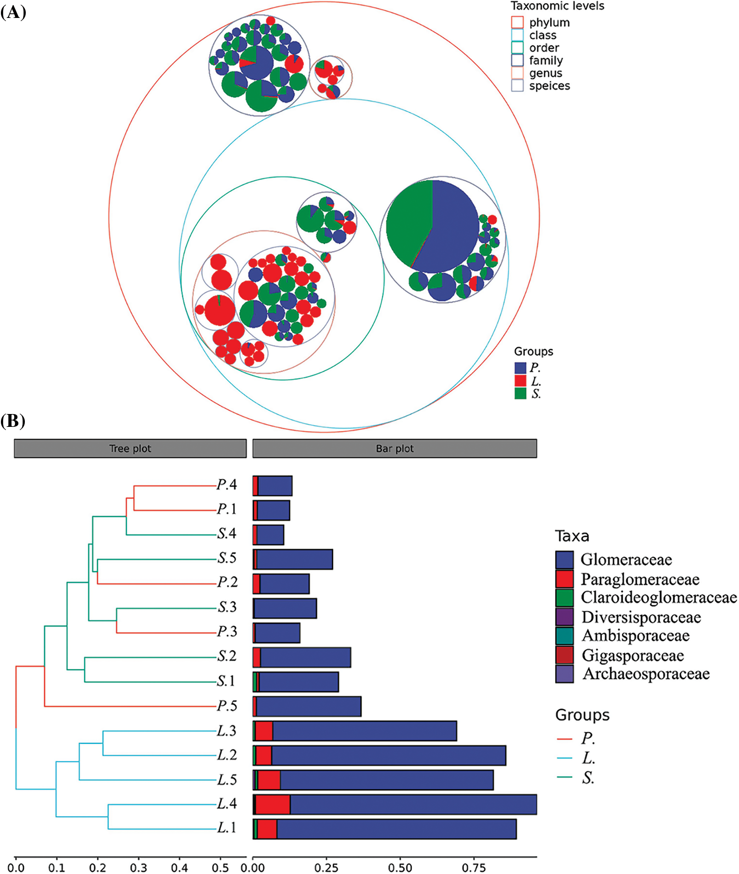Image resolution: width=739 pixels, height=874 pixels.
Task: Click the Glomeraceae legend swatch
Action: pos(564,560)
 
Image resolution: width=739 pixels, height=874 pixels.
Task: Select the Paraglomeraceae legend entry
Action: pos(640,579)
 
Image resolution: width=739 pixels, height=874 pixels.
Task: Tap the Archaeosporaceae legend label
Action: pos(646,674)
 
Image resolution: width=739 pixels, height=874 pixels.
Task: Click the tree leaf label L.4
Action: pos(227,804)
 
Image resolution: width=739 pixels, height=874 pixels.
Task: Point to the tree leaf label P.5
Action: pos(227,706)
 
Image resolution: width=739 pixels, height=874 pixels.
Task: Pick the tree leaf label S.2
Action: pos(227,656)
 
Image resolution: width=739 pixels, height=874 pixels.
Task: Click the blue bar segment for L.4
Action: pos(413,805)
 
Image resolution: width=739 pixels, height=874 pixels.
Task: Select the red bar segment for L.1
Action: pos(267,829)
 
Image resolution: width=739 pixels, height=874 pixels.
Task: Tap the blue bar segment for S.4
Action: pos(270,535)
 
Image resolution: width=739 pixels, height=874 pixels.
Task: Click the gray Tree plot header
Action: pos(130,448)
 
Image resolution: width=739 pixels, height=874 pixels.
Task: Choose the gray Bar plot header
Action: pos(395,448)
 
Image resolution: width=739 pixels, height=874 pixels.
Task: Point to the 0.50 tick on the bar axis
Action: pos(400,867)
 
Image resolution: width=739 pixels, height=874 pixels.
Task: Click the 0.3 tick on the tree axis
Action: pos(138,867)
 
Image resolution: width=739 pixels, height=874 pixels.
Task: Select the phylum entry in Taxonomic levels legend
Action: pos(549,23)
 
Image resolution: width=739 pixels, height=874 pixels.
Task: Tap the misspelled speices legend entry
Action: pos(549,86)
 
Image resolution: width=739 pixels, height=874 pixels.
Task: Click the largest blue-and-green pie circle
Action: pos(432,226)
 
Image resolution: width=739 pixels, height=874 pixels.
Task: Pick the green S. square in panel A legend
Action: pos(520,394)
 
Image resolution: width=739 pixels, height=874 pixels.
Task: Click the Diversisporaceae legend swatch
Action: pos(564,617)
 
